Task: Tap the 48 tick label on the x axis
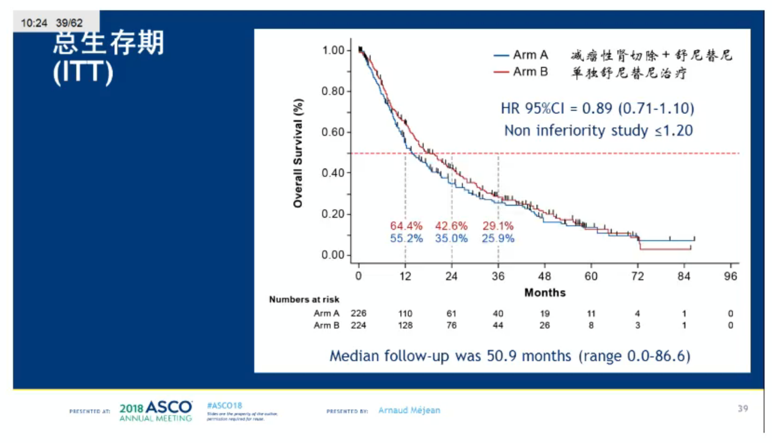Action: pos(544,276)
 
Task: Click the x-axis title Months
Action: pos(545,293)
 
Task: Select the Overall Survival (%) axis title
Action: pos(298,153)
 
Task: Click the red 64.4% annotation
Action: pos(406,226)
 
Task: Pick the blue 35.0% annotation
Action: pos(451,239)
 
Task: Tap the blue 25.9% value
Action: pos(498,239)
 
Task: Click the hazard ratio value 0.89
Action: pos(597,108)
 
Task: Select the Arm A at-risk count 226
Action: pos(359,314)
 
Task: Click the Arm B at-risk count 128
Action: pos(405,326)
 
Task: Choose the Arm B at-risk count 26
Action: pos(544,326)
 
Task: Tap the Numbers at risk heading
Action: pos(304,300)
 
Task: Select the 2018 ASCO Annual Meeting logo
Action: pos(156,411)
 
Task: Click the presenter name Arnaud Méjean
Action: pos(409,410)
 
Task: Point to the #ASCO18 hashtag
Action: pos(224,406)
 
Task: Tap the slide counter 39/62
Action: pos(69,23)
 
